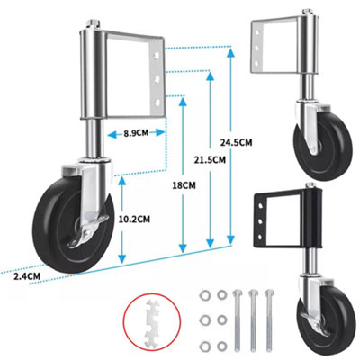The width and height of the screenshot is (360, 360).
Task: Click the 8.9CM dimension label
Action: (x=136, y=133)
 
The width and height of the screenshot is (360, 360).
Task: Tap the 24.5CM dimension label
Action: (x=237, y=142)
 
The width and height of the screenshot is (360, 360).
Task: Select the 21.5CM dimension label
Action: (x=210, y=160)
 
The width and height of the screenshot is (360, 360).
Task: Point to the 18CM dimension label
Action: (x=184, y=185)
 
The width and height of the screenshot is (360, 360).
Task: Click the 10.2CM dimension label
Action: (x=134, y=220)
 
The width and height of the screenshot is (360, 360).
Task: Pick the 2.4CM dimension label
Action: (x=27, y=276)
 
